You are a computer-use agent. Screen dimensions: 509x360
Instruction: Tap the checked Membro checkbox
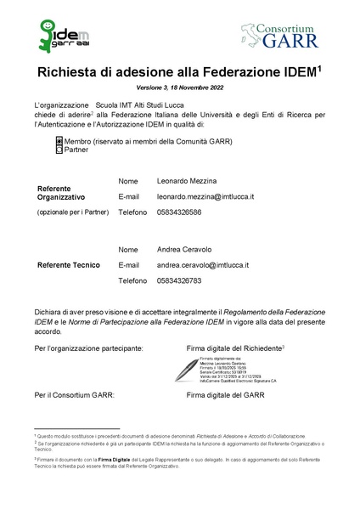[59, 140]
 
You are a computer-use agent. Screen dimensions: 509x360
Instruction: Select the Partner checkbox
[59, 149]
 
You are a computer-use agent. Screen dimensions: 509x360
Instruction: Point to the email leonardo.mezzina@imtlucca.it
[205, 196]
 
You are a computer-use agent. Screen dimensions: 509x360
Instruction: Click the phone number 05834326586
[179, 212]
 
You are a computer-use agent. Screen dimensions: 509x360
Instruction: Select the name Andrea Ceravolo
[186, 250]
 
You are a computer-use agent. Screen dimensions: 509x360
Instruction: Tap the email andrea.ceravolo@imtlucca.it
[203, 265]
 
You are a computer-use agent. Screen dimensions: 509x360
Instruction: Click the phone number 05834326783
[179, 280]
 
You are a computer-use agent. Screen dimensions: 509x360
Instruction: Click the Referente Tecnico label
[69, 265]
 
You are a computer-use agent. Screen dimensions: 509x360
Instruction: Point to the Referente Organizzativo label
[66, 192]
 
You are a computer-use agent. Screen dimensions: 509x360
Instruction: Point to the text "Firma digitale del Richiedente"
[233, 348]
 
